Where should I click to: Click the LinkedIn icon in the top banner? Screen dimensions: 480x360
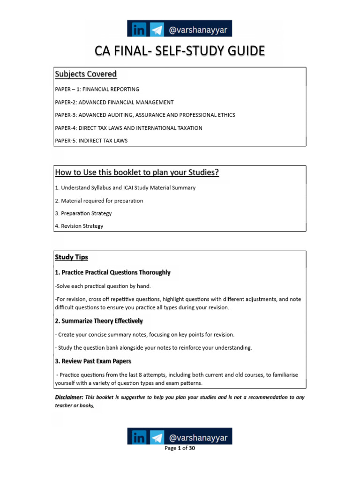(x=138, y=29)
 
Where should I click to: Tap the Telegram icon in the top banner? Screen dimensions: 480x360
(x=157, y=29)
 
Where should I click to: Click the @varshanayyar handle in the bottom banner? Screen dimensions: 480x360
(x=198, y=438)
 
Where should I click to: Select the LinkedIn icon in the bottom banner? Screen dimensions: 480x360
(x=138, y=438)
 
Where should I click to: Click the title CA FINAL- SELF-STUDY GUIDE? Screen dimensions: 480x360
(x=180, y=51)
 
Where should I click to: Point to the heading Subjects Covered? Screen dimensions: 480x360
(x=86, y=74)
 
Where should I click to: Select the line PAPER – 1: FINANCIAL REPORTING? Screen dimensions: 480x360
(x=97, y=89)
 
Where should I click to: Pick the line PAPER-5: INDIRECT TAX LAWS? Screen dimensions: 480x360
(x=91, y=141)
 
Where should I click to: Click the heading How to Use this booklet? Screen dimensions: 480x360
(x=137, y=172)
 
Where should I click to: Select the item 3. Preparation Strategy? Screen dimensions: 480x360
(x=83, y=213)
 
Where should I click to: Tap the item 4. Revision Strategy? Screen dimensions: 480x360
(x=79, y=226)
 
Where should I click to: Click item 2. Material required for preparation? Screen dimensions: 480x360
(x=99, y=201)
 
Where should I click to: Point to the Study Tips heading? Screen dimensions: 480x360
(x=71, y=257)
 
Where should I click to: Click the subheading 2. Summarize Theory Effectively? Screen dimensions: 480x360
(x=99, y=321)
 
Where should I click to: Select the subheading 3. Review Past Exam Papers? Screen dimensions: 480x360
(x=93, y=361)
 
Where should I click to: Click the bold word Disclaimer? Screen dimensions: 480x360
(x=69, y=397)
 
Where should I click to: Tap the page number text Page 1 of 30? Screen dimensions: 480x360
(x=180, y=448)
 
